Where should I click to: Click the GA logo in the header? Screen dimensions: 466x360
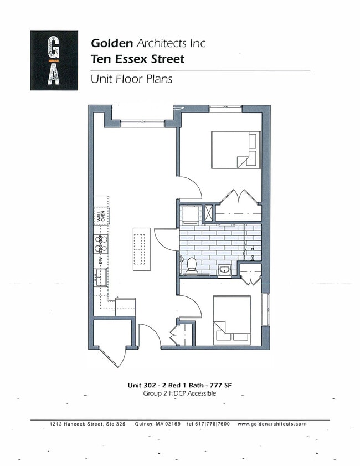coord(54,60)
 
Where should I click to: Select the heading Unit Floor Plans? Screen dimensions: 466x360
coord(131,79)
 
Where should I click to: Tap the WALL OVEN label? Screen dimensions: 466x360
coord(101,215)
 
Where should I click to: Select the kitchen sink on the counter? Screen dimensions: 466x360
coord(101,277)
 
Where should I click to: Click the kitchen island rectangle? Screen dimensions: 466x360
coord(141,249)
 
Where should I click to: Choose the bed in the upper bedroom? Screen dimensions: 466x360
coord(235,150)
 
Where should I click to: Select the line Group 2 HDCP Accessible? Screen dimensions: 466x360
coord(179,393)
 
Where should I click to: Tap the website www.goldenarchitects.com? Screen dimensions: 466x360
coord(271,424)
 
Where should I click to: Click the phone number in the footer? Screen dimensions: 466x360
coord(208,424)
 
